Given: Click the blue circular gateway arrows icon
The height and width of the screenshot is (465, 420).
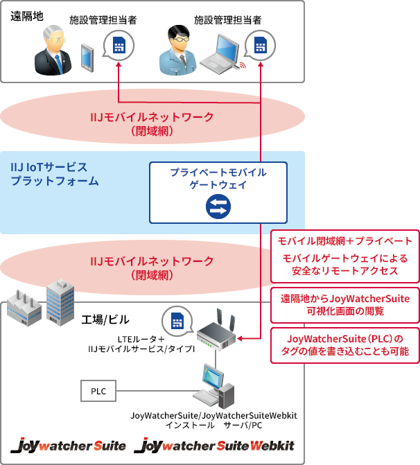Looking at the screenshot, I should [x=218, y=206].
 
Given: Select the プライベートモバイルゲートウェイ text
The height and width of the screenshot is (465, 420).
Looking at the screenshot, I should [x=218, y=178].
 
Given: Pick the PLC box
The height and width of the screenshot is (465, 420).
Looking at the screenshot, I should [x=98, y=391].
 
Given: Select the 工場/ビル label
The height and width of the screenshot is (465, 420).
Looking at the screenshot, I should [x=104, y=319].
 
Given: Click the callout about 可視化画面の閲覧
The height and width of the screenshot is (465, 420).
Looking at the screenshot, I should [x=344, y=305].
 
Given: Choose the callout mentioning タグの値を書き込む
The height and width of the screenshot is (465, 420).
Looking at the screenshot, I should [x=344, y=345].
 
